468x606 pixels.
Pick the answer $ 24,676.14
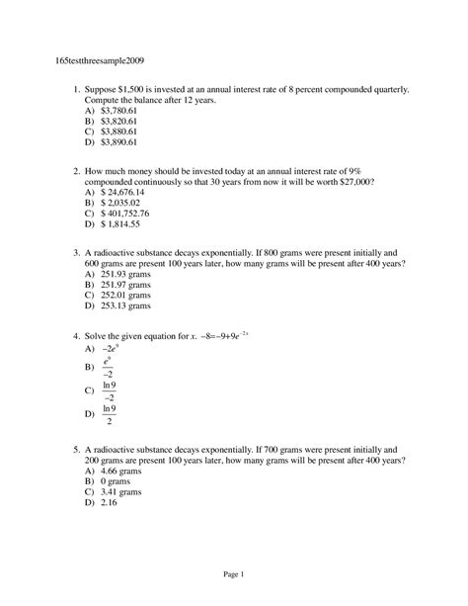(123, 192)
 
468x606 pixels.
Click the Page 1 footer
(233, 575)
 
